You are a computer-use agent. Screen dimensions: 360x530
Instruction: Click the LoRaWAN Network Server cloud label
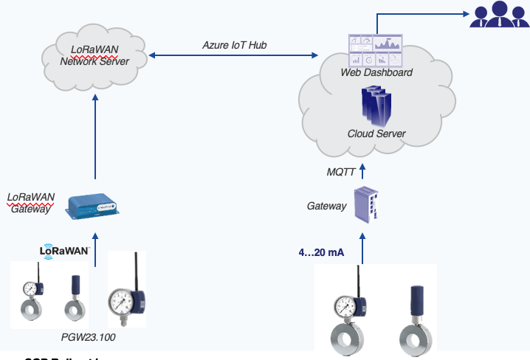(94, 55)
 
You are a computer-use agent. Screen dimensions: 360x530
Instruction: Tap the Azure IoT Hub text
(235, 45)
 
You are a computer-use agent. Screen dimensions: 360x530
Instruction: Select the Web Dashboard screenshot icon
(376, 50)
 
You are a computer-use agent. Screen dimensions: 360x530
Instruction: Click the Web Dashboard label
(376, 72)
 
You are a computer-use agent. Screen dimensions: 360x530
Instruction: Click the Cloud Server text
(376, 134)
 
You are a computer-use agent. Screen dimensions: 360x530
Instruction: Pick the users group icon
(500, 15)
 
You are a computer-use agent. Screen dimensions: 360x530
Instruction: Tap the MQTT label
(342, 173)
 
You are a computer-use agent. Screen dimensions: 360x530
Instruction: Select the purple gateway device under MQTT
(367, 204)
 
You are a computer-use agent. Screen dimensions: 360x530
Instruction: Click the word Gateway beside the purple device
(326, 206)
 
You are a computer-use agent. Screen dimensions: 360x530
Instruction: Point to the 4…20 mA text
(321, 252)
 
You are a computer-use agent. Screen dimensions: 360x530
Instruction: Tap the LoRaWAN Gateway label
(30, 203)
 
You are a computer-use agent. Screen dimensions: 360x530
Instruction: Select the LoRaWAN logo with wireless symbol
(64, 251)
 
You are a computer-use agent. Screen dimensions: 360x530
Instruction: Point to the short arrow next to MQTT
(362, 172)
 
